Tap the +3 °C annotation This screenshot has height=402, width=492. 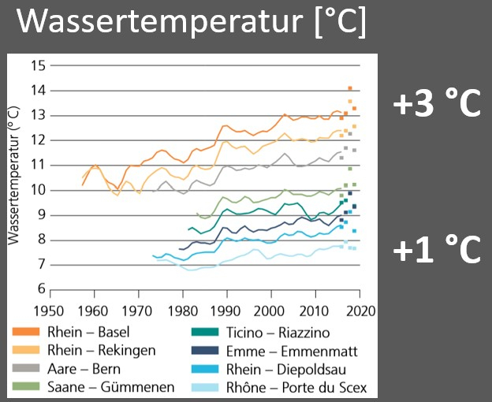pos(437,105)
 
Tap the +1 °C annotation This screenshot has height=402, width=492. pos(437,250)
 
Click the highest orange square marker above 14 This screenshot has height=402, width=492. pos(350,88)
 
